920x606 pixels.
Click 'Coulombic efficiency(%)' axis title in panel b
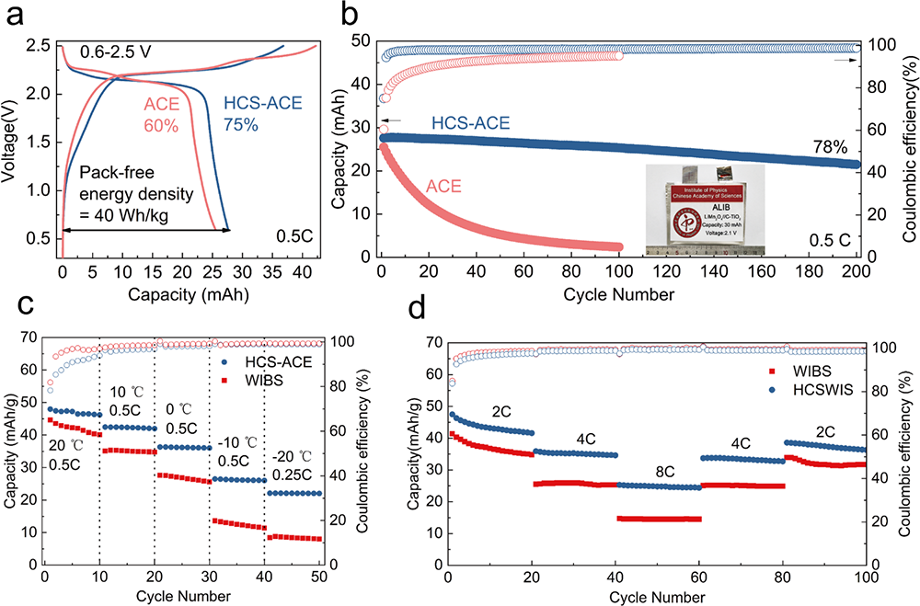tap(903, 147)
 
